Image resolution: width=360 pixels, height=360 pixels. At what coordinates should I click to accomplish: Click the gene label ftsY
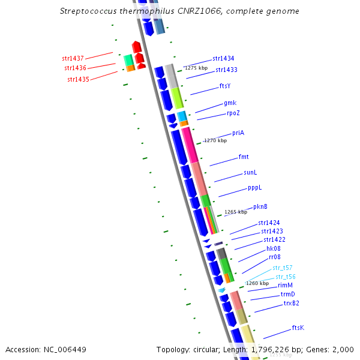[x=225, y=86]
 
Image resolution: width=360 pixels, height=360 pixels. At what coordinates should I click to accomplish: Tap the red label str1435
[x=78, y=79]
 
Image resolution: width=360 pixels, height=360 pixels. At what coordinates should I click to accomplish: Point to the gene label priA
[x=238, y=133]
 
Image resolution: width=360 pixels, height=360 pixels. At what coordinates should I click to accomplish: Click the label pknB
[x=260, y=207]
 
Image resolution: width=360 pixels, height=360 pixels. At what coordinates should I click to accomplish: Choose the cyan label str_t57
[x=283, y=268]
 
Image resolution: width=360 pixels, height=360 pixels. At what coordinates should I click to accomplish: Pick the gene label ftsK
[x=298, y=328]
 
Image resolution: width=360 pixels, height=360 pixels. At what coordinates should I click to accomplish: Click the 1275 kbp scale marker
[x=195, y=68]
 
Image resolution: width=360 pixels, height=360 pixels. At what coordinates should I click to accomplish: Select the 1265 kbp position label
[x=235, y=212]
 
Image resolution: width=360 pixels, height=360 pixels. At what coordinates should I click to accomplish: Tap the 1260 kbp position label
[x=257, y=283]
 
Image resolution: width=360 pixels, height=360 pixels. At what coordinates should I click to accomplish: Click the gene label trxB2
[x=291, y=304]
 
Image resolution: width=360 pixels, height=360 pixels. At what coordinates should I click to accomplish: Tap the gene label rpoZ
[x=233, y=113]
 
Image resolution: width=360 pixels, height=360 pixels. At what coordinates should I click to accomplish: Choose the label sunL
[x=250, y=172]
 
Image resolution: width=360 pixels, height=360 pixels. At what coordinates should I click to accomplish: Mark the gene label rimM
[x=285, y=286]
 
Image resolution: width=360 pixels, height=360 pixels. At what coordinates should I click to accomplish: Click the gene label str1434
[x=223, y=59]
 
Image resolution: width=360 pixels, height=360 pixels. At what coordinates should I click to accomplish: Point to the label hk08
[x=274, y=248]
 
